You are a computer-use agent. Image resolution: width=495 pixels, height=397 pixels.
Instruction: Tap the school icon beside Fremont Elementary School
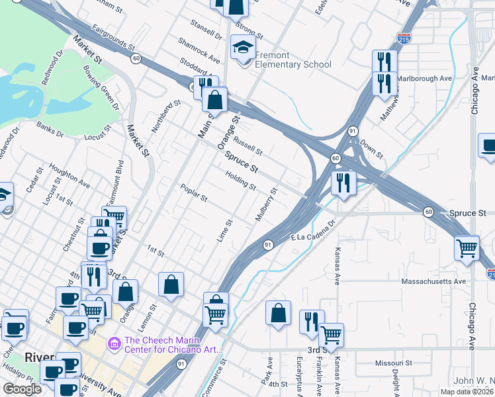(x=243, y=48)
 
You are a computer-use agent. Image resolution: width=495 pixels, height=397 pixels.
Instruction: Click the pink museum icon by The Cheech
(x=113, y=343)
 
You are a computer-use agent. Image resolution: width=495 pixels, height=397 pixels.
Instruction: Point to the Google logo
(x=22, y=389)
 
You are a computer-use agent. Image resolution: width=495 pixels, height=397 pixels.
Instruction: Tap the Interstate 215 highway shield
(x=403, y=38)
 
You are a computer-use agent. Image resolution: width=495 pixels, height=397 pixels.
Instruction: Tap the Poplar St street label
(x=194, y=193)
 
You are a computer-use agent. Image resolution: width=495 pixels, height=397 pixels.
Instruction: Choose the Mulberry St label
(x=266, y=204)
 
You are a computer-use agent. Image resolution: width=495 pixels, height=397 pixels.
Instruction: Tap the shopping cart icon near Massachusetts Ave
(x=467, y=248)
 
